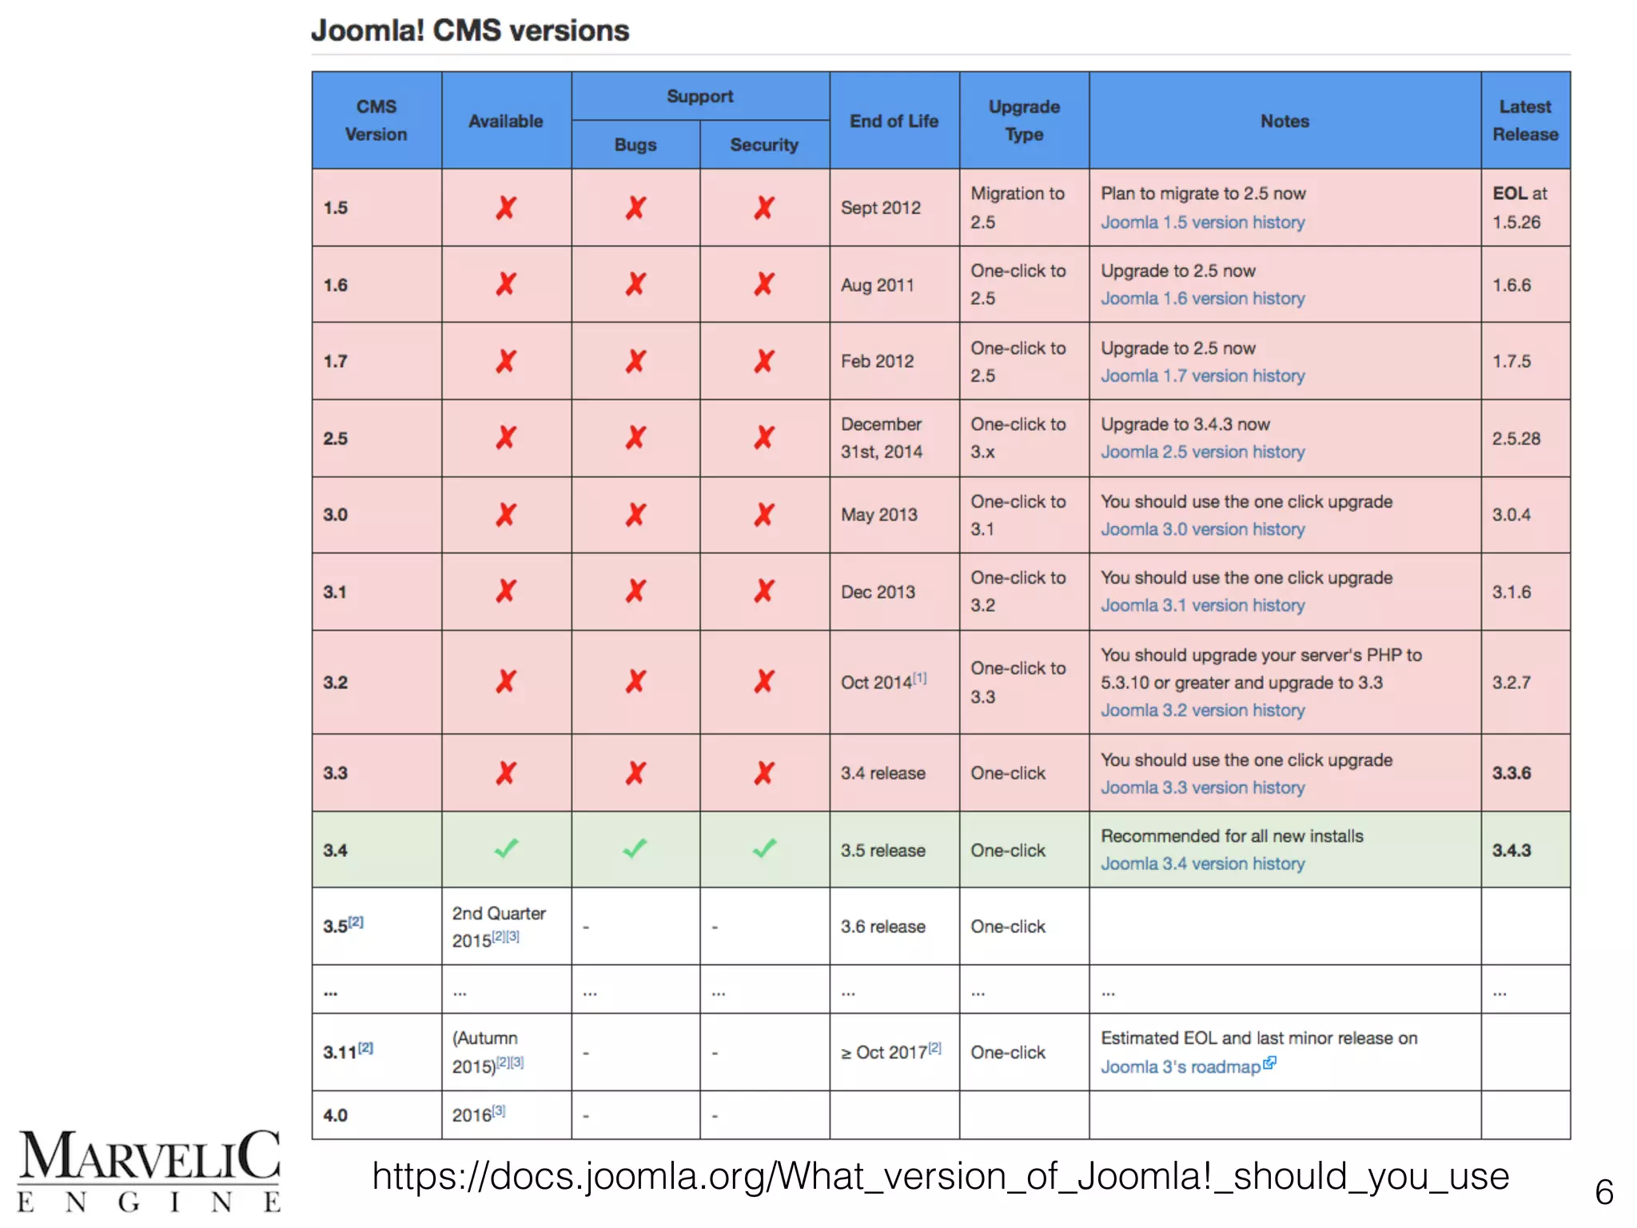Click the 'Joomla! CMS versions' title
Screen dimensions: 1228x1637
(470, 31)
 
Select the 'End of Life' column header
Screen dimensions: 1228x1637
(894, 122)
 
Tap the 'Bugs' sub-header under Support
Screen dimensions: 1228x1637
(635, 145)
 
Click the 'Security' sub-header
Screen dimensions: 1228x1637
(764, 145)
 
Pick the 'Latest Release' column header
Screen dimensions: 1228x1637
(1525, 121)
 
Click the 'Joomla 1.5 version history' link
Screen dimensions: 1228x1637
(1202, 222)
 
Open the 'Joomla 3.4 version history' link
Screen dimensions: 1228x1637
(1202, 863)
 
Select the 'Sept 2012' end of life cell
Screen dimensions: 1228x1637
(881, 208)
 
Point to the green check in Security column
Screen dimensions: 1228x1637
(764, 848)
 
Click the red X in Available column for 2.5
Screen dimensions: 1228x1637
(506, 438)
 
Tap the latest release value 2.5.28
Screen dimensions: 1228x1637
(1516, 438)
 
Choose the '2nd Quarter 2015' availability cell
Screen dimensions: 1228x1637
(499, 927)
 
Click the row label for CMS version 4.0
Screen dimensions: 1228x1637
(336, 1115)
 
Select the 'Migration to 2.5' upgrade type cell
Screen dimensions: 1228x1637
(1018, 208)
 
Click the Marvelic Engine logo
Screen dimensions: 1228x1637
(149, 1170)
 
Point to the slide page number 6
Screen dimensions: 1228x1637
(1603, 1192)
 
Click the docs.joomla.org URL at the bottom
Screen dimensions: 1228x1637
(940, 1176)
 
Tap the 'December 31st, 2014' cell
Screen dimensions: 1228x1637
(882, 438)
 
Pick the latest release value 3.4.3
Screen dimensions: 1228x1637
(1512, 850)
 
